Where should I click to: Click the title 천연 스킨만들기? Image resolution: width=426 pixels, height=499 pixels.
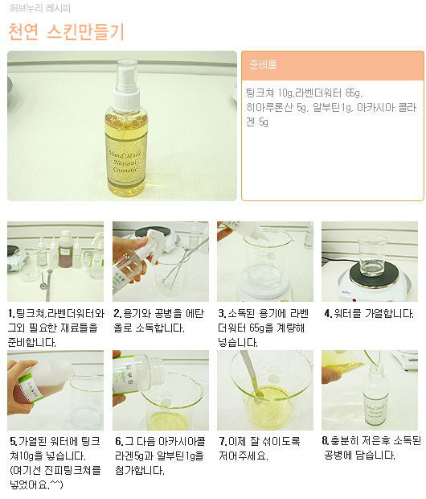click(x=66, y=32)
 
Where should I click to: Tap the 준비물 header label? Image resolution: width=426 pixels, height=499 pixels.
click(x=263, y=64)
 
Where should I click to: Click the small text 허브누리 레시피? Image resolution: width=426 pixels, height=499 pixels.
click(x=40, y=8)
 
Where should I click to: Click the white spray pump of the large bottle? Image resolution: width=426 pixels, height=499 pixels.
click(x=127, y=85)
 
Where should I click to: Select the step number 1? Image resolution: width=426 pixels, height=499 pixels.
click(x=11, y=314)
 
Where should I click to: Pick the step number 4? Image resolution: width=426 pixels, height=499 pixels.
click(x=328, y=314)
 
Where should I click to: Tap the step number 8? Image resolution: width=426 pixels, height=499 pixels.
click(x=326, y=441)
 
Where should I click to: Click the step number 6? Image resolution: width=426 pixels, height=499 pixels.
click(x=119, y=441)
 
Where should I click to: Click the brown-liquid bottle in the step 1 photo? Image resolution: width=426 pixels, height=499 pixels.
click(x=66, y=249)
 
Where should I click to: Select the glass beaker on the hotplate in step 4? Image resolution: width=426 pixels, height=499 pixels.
click(x=370, y=255)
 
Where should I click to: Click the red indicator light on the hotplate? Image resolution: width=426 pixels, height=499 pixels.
click(x=354, y=299)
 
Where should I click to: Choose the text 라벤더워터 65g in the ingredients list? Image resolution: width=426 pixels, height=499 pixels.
click(x=329, y=93)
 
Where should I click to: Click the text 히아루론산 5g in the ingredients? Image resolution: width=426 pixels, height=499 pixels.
click(x=276, y=108)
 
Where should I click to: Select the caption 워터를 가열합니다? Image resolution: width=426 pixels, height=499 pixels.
click(x=374, y=314)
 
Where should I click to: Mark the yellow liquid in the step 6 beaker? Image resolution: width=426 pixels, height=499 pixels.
click(x=166, y=420)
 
